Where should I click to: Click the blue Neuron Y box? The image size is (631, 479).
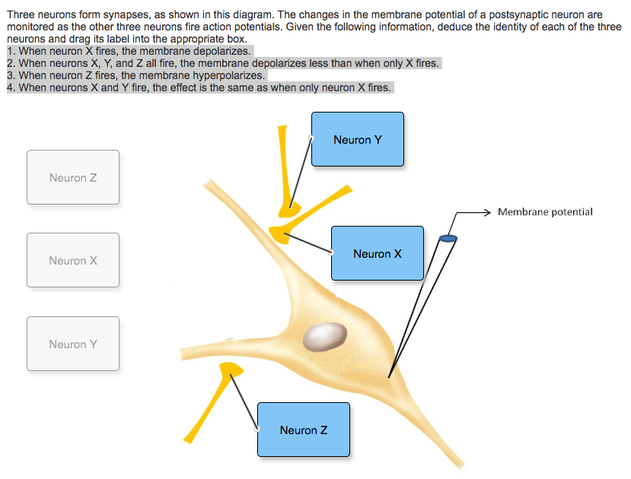[357, 139]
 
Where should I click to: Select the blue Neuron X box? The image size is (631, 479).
[377, 253]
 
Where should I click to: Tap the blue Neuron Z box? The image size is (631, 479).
[303, 430]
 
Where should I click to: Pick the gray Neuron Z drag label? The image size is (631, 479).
[73, 178]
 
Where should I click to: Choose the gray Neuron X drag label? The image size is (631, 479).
[73, 261]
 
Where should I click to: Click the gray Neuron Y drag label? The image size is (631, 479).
[73, 344]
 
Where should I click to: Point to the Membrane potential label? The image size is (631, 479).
[545, 212]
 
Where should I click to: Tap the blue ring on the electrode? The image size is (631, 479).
[448, 239]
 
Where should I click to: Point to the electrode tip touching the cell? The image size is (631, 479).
[389, 376]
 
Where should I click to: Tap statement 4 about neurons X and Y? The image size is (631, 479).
[198, 87]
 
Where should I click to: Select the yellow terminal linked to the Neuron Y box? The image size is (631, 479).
[289, 205]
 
